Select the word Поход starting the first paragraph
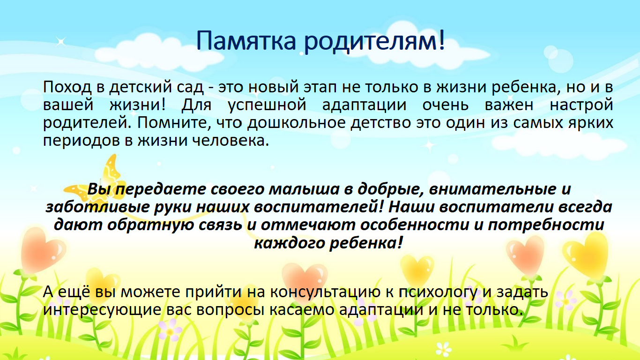pos(67,87)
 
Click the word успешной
pos(267,105)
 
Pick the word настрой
pos(581,105)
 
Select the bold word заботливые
pos(97,207)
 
